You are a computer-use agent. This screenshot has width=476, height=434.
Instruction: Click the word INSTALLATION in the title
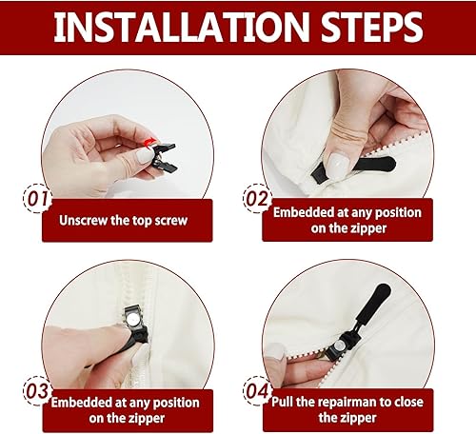(x=181, y=27)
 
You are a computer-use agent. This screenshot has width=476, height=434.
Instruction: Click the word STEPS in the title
(x=371, y=27)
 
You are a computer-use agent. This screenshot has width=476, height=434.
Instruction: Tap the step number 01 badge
(x=37, y=199)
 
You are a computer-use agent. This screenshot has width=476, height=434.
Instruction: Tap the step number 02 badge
(x=257, y=198)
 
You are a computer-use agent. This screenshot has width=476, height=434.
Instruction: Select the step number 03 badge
(x=38, y=391)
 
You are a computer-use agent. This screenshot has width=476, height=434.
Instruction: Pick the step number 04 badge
(x=258, y=391)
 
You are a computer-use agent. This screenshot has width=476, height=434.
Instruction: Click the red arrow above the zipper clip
(x=150, y=142)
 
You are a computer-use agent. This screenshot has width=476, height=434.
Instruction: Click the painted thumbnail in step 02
(x=336, y=163)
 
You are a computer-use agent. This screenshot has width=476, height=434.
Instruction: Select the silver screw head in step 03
(x=132, y=318)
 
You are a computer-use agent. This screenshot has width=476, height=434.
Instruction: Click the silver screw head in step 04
(x=339, y=345)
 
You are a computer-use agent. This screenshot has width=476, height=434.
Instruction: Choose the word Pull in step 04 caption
(x=283, y=402)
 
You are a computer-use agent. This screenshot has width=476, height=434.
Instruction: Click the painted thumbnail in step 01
(x=145, y=155)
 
